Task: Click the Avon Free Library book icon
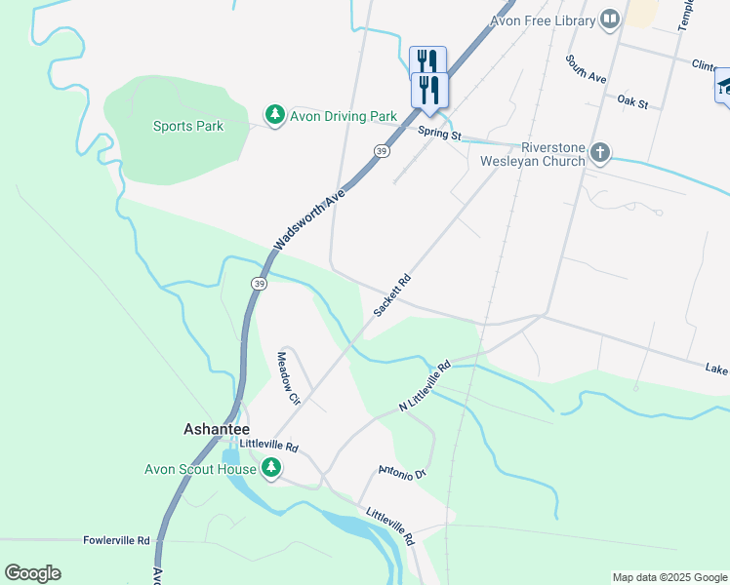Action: click(x=610, y=19)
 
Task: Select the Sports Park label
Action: click(x=188, y=126)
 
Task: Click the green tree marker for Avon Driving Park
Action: click(x=275, y=116)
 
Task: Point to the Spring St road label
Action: click(x=439, y=134)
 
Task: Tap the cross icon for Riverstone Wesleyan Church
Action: click(x=600, y=153)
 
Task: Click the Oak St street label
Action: click(x=632, y=100)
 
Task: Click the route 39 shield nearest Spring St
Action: click(x=381, y=151)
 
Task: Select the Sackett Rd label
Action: click(x=392, y=295)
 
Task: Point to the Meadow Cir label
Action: click(x=288, y=377)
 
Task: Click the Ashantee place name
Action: click(x=217, y=429)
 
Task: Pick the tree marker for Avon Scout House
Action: click(x=271, y=469)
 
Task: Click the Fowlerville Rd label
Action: click(x=116, y=540)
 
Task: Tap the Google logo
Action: click(x=32, y=573)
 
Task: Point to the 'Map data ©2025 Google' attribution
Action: click(x=669, y=577)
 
